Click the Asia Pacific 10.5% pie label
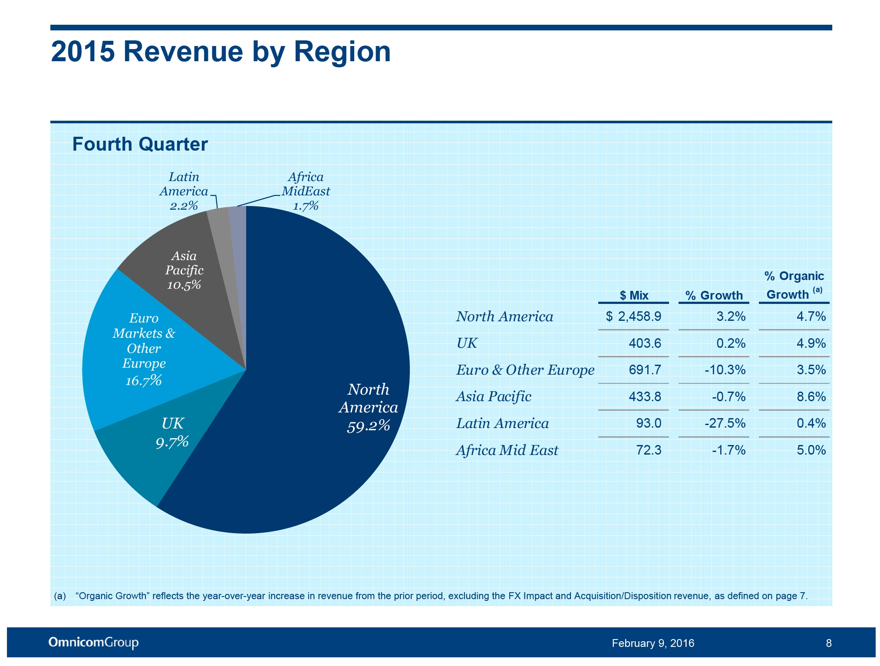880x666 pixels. click(184, 270)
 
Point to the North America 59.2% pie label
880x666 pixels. click(368, 407)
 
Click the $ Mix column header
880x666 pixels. click(633, 295)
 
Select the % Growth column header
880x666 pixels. click(714, 295)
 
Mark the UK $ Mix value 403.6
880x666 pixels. click(645, 343)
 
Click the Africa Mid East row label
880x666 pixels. click(507, 450)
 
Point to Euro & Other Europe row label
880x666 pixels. click(525, 370)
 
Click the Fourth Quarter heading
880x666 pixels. click(140, 144)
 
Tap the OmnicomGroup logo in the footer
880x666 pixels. click(93, 643)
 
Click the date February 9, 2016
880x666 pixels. click(653, 643)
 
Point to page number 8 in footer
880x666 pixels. click(828, 643)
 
